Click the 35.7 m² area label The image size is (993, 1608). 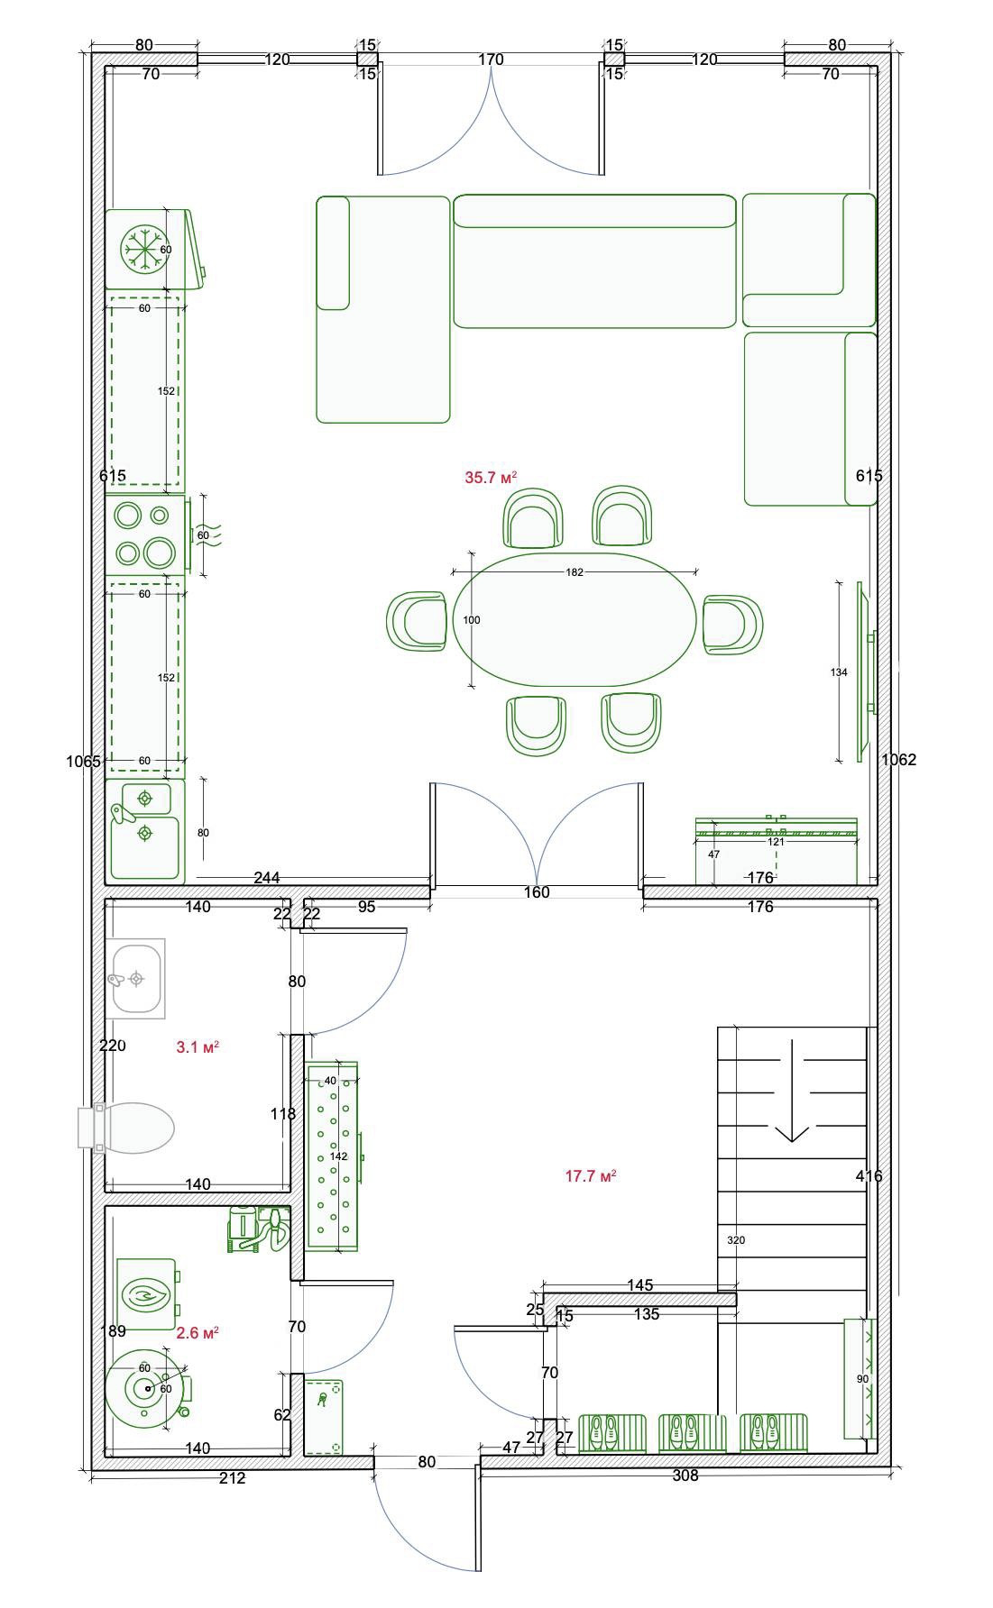491,478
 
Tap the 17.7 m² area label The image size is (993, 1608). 591,1175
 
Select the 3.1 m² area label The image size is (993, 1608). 198,1047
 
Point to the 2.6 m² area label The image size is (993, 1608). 198,1332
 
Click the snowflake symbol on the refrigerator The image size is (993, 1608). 144,249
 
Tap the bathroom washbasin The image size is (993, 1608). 135,978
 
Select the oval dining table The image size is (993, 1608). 575,619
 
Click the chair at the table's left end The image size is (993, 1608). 417,620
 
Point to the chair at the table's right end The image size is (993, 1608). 732,624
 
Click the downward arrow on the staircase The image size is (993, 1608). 792,1091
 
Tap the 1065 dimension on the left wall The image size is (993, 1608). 83,762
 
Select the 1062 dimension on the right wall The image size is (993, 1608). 898,760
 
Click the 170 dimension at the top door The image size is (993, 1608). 491,59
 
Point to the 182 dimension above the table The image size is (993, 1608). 575,572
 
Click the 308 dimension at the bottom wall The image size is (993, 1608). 685,1476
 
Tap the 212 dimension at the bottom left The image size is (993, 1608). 232,1478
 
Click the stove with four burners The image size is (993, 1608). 146,534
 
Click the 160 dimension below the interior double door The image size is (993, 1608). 537,892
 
